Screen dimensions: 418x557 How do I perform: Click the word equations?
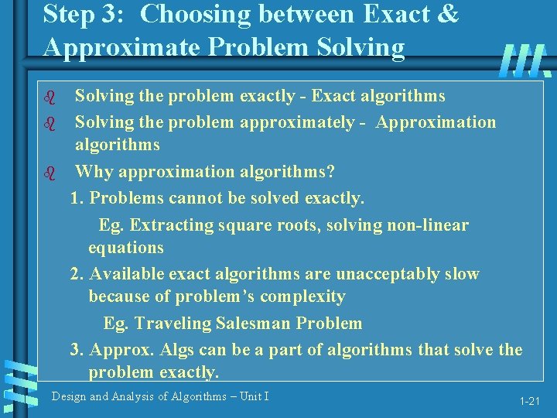(126, 248)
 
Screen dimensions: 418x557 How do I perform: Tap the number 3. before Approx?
(77, 350)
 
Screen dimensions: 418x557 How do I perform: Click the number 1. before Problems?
(77, 198)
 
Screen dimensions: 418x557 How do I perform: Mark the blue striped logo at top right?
(525, 60)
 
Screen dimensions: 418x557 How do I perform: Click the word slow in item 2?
(462, 274)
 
